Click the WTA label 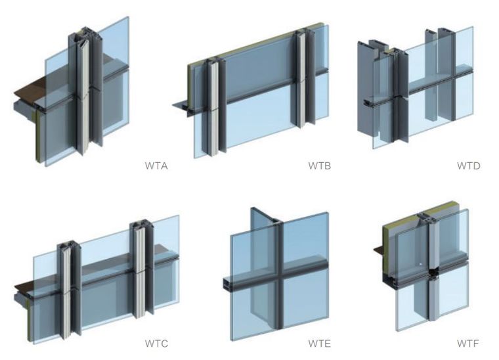pos(156,166)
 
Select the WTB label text pos(320,166)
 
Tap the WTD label pos(468,166)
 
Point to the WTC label pos(156,344)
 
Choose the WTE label pos(320,344)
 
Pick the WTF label pos(467,344)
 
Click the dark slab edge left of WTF pos(378,250)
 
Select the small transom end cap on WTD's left pos(368,103)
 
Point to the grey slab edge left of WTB pos(181,105)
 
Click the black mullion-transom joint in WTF pos(433,273)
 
